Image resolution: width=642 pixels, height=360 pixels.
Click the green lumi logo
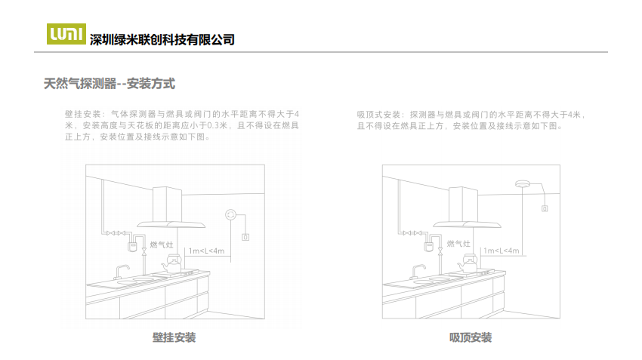click(x=66, y=33)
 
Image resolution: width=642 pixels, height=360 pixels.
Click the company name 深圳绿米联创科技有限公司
click(x=162, y=40)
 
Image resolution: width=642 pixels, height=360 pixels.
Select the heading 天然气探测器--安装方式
click(x=110, y=84)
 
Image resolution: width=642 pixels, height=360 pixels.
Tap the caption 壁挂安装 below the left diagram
click(x=174, y=337)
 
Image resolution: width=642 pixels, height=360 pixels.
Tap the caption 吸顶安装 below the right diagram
click(x=471, y=337)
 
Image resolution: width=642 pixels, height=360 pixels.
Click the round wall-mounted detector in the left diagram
click(x=231, y=215)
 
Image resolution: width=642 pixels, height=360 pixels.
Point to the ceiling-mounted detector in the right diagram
click(x=523, y=183)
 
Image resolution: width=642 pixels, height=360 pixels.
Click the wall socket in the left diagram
click(x=245, y=237)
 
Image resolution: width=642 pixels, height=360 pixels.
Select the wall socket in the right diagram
click(x=545, y=208)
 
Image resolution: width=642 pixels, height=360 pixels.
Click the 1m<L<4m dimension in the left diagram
click(x=206, y=251)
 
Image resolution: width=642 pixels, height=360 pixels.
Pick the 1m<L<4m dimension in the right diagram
click(x=502, y=251)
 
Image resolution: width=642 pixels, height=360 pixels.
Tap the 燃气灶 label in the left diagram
click(x=162, y=245)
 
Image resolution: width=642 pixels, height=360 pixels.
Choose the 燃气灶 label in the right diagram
click(x=458, y=244)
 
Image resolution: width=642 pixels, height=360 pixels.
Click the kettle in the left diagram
click(x=172, y=264)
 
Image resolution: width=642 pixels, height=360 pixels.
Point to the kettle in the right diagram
click(x=468, y=263)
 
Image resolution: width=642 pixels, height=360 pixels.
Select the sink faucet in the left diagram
click(x=121, y=272)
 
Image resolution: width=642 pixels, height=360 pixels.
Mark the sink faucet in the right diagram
click(x=418, y=272)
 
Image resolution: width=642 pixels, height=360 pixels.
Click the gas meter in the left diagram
click(x=132, y=247)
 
